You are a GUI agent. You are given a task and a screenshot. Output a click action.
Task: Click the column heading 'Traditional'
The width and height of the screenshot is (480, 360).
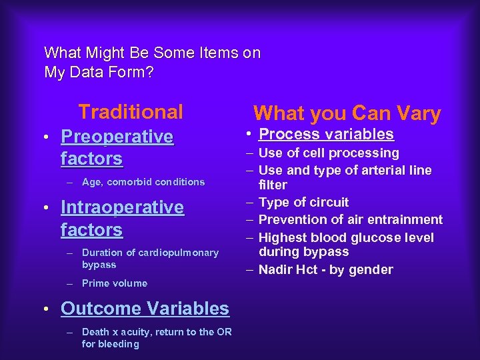[x=130, y=111]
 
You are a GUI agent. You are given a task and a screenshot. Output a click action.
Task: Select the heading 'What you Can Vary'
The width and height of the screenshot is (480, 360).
[x=347, y=113]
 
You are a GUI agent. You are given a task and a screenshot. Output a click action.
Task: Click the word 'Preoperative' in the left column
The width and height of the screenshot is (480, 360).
[x=117, y=137]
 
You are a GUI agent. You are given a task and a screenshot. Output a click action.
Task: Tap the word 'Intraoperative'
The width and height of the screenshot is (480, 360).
[x=122, y=207]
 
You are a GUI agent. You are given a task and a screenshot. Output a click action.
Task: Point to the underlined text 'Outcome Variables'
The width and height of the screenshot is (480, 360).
[x=145, y=309]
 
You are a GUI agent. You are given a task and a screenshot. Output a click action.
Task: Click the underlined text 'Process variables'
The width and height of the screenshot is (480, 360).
[x=326, y=134]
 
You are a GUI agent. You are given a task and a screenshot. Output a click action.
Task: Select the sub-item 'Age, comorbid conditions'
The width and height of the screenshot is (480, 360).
[x=143, y=182]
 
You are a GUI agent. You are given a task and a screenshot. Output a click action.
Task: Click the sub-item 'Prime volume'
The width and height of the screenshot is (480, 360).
[x=114, y=283]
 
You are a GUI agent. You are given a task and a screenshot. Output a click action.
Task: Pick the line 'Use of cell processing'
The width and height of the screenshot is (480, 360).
[x=329, y=153]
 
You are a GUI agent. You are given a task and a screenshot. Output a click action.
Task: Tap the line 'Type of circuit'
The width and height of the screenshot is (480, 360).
[x=303, y=202]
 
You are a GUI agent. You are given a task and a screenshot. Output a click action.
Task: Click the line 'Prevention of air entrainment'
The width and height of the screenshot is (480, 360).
[x=350, y=219]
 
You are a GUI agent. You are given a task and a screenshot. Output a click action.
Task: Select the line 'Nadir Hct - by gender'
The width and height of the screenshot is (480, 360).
[x=325, y=269]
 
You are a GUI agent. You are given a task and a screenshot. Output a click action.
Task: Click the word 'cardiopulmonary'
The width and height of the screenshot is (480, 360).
[x=185, y=253]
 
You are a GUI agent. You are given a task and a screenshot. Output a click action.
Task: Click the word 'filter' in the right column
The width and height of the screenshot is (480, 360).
[x=273, y=185]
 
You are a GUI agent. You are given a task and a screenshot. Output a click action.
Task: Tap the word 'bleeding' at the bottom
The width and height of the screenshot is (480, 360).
[x=120, y=344]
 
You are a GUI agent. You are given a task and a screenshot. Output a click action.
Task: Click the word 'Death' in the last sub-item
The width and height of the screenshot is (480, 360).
[x=95, y=332]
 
